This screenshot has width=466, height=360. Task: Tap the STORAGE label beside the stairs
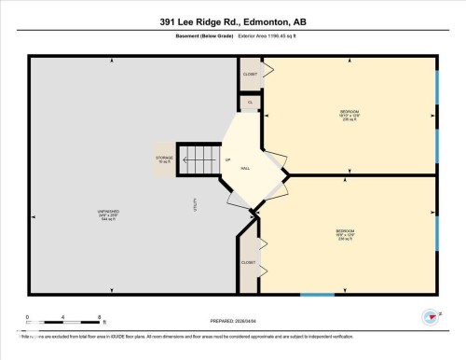164,159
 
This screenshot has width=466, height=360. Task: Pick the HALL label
245,168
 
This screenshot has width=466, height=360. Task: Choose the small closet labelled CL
250,102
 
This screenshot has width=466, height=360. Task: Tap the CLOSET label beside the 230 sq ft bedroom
248,262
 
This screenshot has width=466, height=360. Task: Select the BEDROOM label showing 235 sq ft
350,116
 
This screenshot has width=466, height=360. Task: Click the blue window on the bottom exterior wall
317,296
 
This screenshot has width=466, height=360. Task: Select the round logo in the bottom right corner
430,317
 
